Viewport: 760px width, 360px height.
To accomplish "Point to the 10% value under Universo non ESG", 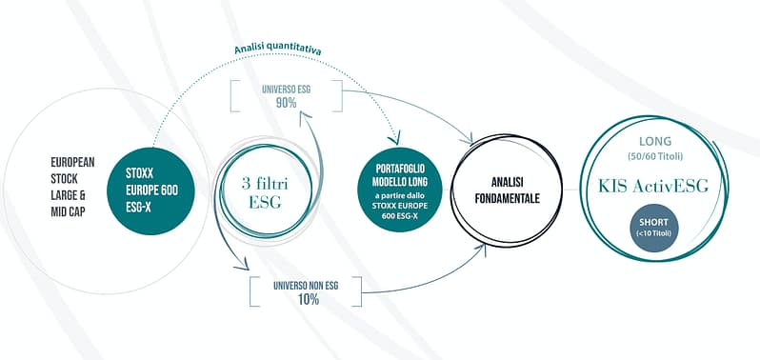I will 307,298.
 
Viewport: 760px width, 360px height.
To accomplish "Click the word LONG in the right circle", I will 657,141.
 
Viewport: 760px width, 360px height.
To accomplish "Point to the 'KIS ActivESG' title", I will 657,185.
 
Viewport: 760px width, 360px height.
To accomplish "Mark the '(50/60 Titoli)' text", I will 657,155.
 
